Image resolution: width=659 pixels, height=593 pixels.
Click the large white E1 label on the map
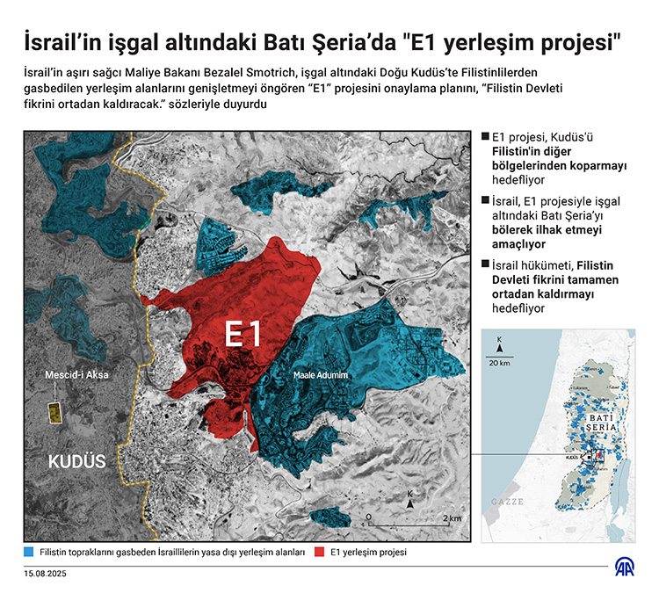point(243,335)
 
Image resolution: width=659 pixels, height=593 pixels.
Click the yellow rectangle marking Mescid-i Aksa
point(54,413)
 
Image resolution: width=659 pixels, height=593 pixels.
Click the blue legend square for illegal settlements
point(30,553)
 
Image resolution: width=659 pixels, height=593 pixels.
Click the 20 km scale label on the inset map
point(500,362)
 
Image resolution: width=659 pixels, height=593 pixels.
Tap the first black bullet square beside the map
point(484,137)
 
